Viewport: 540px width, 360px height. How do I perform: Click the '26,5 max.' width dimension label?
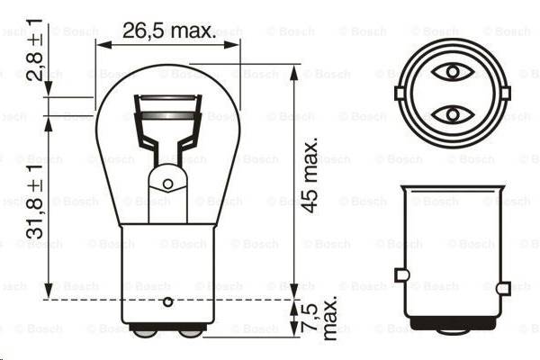point(168,32)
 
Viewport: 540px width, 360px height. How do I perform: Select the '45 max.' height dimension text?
point(310,175)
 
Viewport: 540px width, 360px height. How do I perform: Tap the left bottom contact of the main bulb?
point(144,330)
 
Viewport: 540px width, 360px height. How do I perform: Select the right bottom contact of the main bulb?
point(190,330)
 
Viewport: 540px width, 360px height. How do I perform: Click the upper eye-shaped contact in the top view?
point(448,71)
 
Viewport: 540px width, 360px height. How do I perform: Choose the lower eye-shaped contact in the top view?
point(448,114)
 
